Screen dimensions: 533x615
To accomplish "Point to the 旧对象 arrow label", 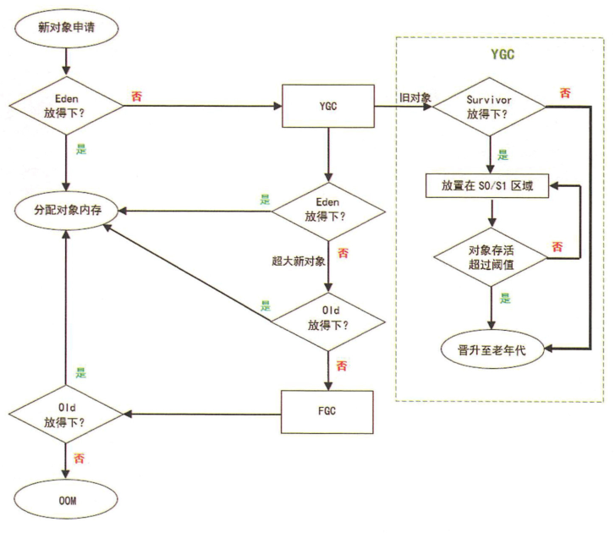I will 415,97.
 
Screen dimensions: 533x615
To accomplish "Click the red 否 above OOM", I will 78,458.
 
